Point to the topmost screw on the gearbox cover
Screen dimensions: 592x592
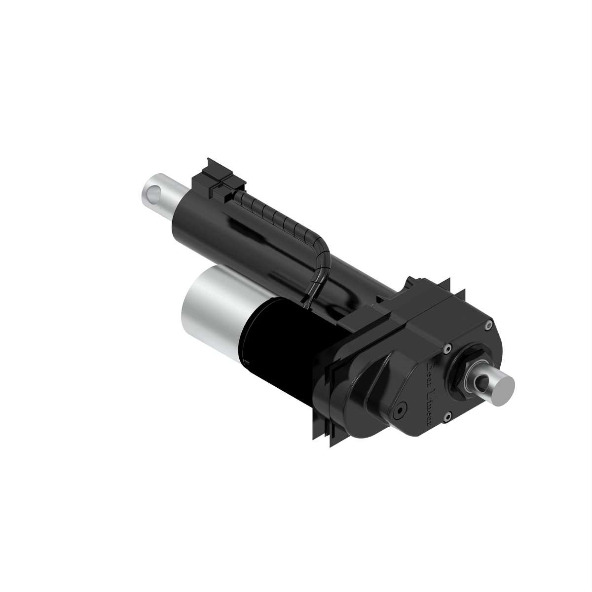[487, 324]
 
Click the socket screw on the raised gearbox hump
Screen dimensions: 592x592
[399, 409]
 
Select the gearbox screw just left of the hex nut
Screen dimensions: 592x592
[446, 349]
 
